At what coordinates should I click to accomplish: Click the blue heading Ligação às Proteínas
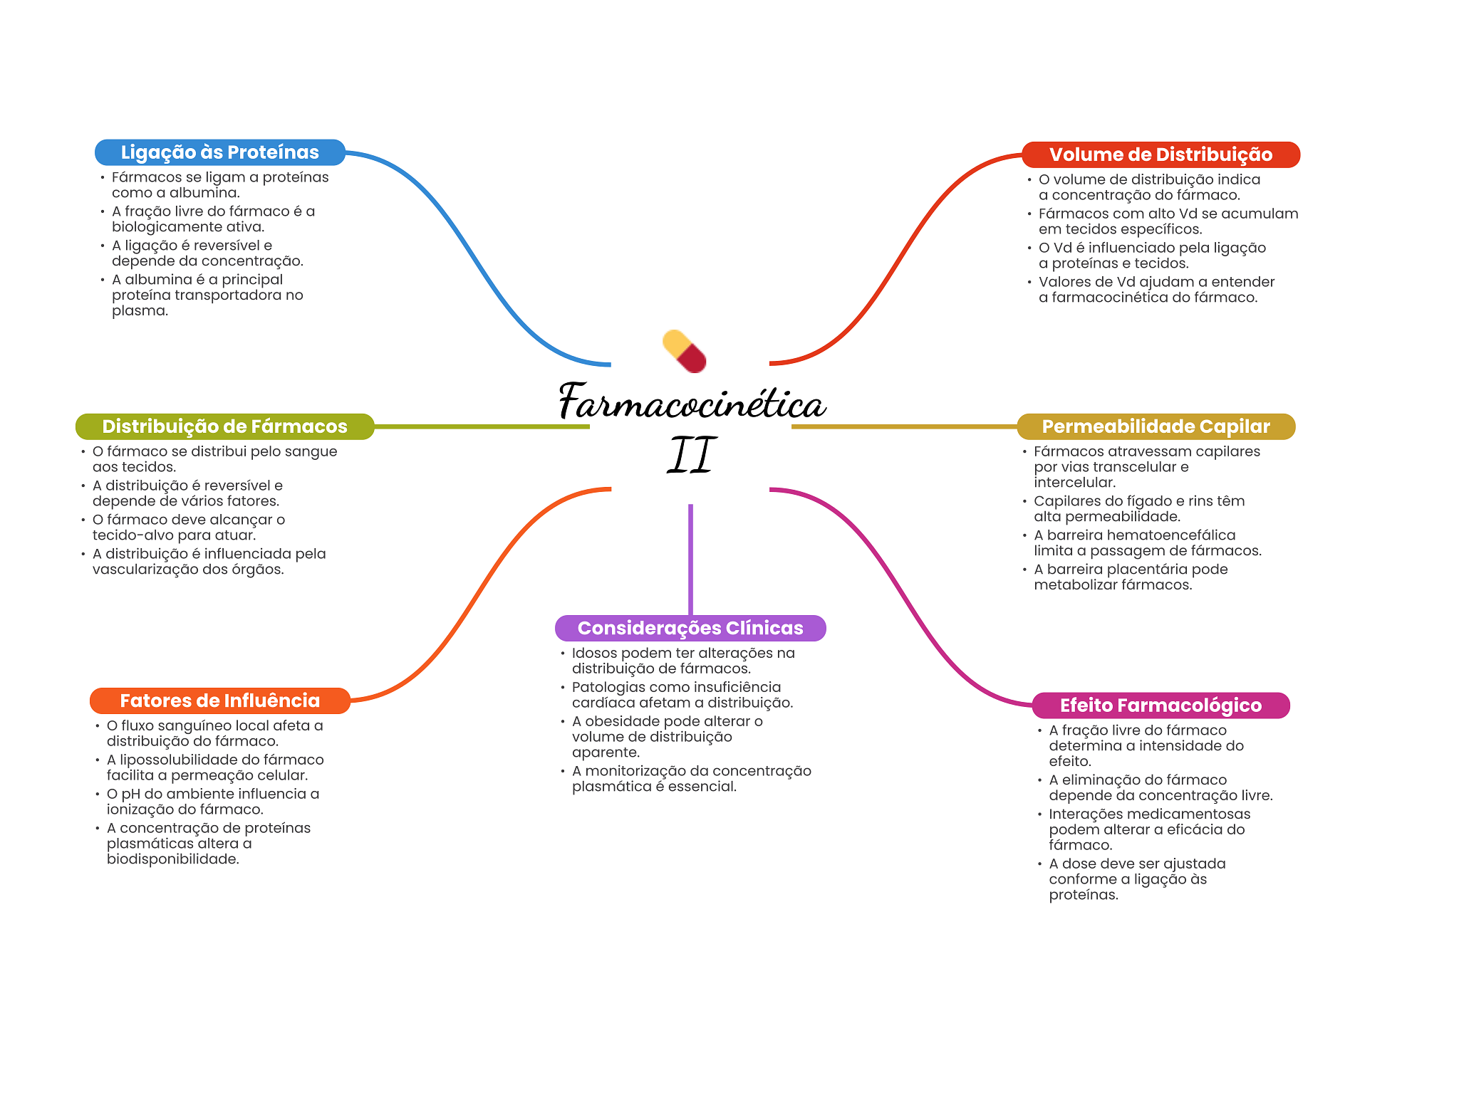point(220,152)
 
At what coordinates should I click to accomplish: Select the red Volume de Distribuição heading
point(1161,154)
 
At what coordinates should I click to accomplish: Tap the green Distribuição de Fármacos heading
point(224,426)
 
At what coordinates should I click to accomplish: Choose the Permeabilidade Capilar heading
point(1156,426)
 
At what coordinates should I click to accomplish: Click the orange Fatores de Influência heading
point(220,701)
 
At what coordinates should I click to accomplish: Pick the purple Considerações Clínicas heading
point(690,628)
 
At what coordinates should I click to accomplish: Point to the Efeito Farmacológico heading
point(1161,706)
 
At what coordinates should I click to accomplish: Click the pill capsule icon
point(685,351)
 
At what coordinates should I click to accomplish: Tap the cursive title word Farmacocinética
point(692,402)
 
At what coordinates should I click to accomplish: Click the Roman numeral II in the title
point(691,456)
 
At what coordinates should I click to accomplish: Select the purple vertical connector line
point(690,560)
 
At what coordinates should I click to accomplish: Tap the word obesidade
point(622,721)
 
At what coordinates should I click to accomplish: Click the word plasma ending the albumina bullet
point(140,311)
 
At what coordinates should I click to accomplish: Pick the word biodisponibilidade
point(173,859)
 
